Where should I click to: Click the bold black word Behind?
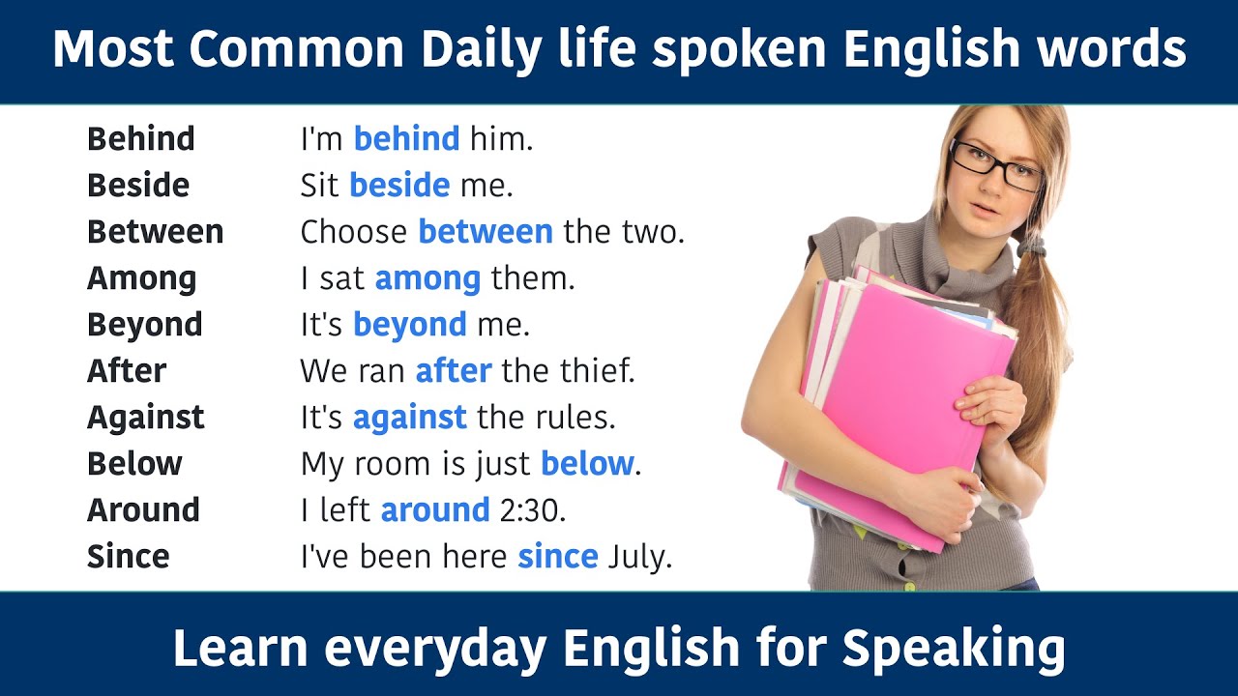click(140, 139)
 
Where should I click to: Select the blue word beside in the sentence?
click(398, 186)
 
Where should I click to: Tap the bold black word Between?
click(155, 232)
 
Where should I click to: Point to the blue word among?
click(427, 279)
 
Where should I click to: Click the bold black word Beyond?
click(144, 325)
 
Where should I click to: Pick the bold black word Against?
click(145, 418)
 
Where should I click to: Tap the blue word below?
click(587, 464)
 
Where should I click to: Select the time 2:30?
click(532, 510)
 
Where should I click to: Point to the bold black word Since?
click(128, 557)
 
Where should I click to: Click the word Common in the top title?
click(298, 50)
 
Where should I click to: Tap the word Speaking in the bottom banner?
click(954, 649)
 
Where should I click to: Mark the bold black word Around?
click(143, 510)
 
